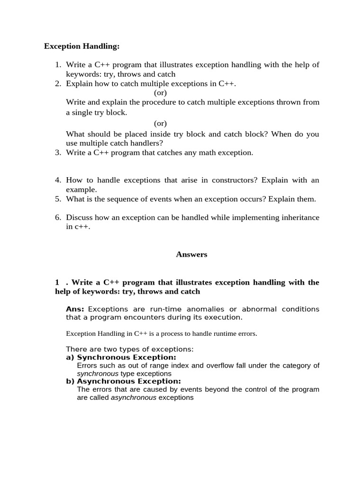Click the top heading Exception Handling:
[x=82, y=46]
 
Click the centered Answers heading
[x=191, y=254]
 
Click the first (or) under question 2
[x=160, y=93]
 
